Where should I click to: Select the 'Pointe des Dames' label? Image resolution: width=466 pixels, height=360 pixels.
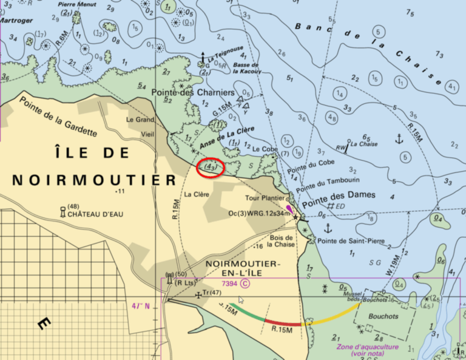(339, 195)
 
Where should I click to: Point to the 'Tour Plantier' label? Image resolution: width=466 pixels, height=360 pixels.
(265, 198)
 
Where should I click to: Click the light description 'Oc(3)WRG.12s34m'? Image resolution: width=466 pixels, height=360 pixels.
(257, 214)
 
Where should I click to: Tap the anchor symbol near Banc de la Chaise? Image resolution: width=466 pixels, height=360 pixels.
(399, 140)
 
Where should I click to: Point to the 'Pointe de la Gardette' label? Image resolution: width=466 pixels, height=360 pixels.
(58, 115)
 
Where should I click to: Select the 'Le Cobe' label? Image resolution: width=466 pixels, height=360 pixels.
(265, 148)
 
